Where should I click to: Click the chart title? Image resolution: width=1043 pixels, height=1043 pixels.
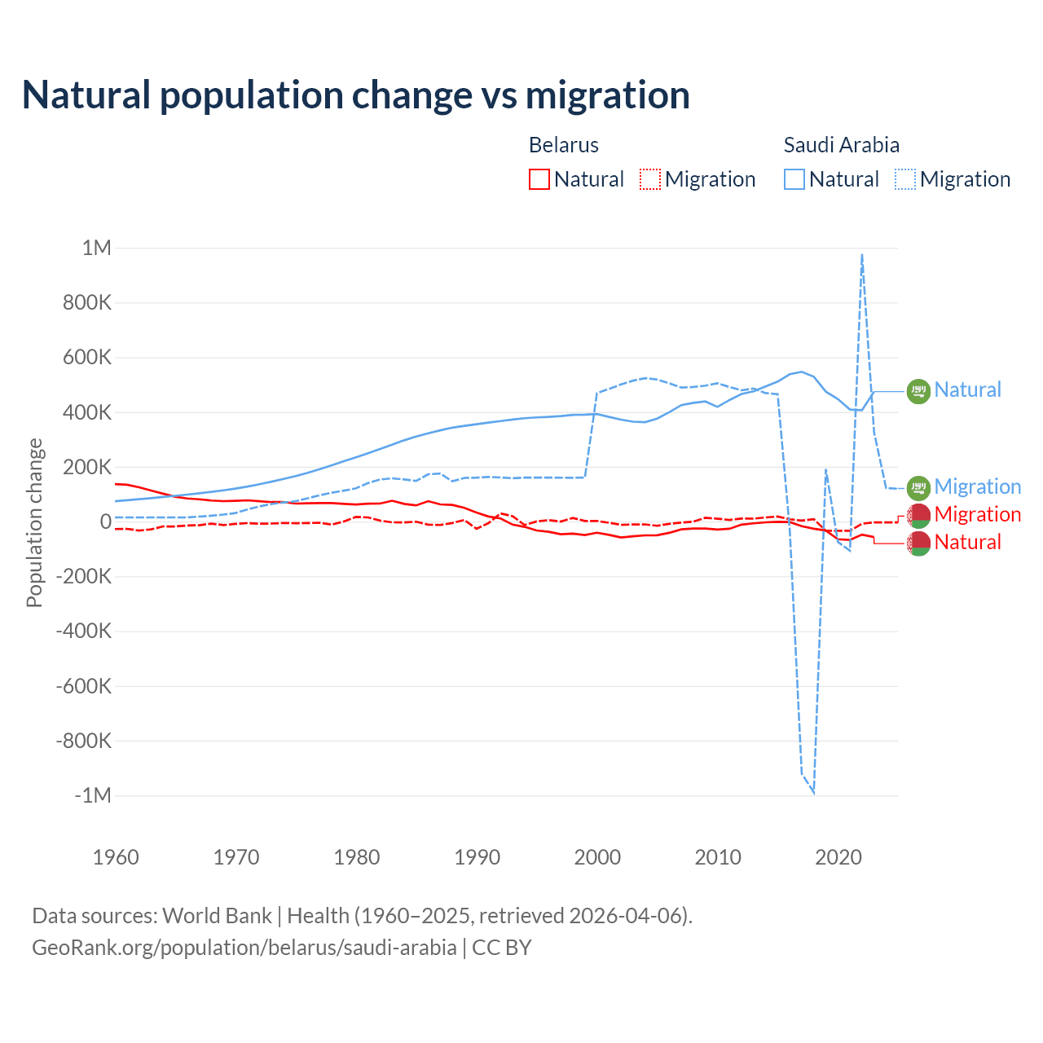[356, 95]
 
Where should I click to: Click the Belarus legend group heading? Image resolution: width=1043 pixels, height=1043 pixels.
[564, 145]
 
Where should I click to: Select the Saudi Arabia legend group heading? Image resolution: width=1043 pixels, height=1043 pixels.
[842, 145]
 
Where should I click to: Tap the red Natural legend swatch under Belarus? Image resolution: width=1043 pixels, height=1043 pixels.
[539, 179]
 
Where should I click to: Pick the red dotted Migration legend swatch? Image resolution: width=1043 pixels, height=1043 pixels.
[650, 179]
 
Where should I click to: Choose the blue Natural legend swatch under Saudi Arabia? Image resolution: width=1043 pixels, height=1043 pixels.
[794, 179]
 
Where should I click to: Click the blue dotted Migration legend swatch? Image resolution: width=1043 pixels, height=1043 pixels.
[905, 179]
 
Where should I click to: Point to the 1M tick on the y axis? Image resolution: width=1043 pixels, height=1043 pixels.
[96, 248]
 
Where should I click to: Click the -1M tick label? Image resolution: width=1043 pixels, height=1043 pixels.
[92, 795]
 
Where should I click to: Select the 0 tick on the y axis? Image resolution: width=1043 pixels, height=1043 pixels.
[105, 521]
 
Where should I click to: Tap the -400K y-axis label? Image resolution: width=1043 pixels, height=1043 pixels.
[83, 631]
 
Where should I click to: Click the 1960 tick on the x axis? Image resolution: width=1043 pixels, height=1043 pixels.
[116, 857]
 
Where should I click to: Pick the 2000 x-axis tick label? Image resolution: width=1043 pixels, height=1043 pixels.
[597, 857]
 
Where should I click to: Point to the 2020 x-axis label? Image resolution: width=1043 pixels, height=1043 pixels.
[838, 857]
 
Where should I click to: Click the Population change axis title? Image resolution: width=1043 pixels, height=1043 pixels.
[34, 522]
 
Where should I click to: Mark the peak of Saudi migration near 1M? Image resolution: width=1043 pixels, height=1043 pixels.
[862, 255]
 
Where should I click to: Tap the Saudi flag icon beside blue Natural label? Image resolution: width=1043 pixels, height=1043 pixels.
[918, 392]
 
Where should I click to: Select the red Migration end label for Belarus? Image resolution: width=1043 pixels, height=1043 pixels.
[977, 514]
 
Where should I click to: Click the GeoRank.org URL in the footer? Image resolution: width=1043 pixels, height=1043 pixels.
[244, 948]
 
